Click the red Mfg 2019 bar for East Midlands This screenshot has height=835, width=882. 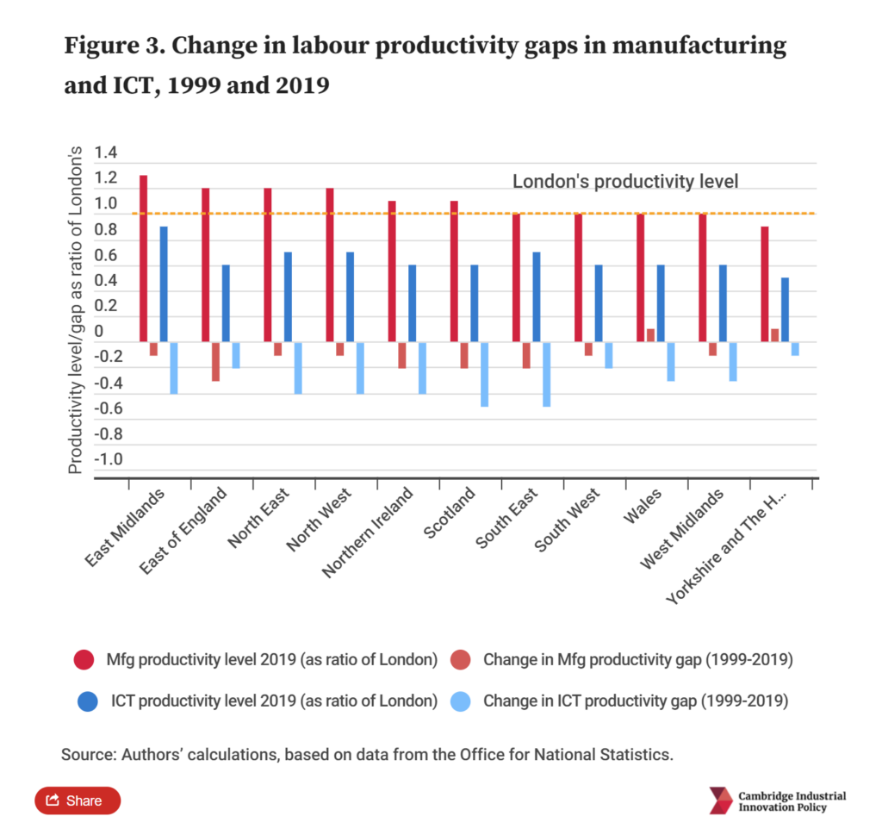(x=143, y=259)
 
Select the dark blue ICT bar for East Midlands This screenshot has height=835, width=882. (x=164, y=284)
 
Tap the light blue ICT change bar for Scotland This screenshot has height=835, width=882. (x=485, y=374)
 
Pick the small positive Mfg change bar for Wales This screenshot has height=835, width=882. (x=650, y=335)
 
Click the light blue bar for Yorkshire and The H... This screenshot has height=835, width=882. (x=795, y=348)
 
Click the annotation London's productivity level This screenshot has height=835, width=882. (x=625, y=181)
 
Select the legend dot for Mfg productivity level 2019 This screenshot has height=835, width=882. (x=84, y=661)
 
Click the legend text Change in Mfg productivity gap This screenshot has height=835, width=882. (x=637, y=661)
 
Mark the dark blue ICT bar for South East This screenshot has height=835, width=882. (x=537, y=297)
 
